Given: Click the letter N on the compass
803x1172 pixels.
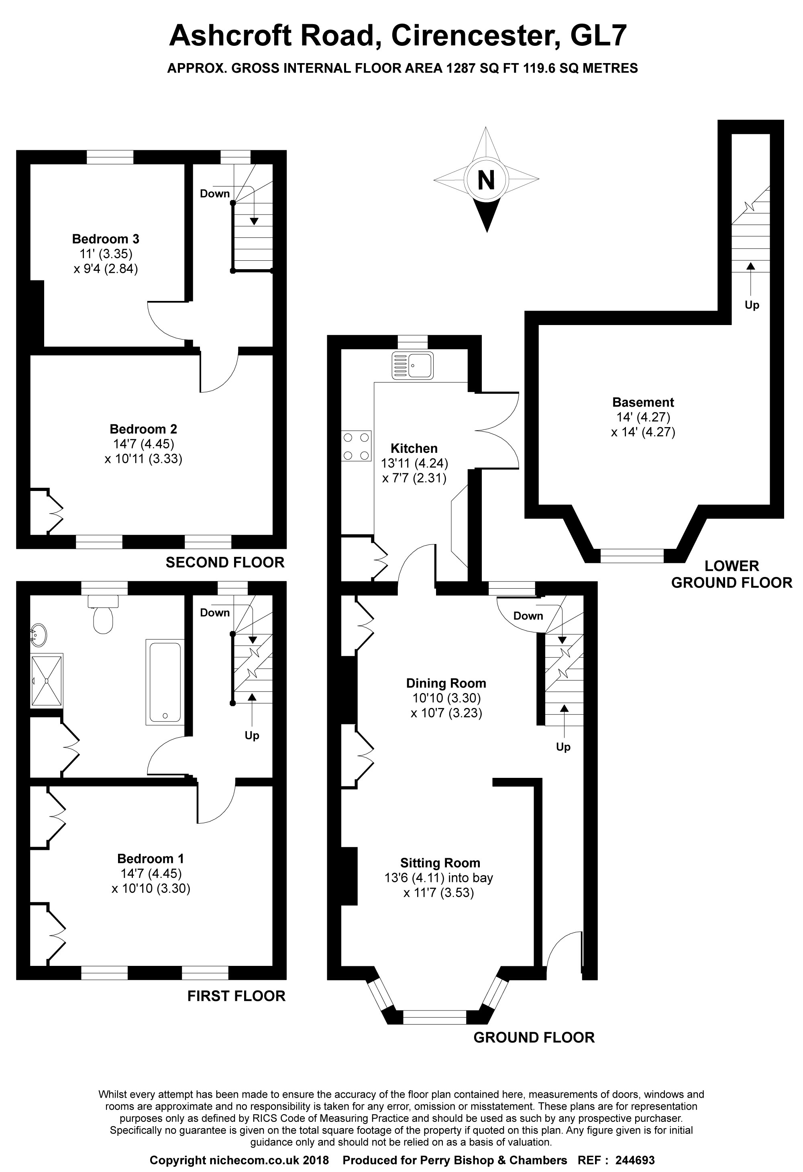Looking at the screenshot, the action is click(486, 180).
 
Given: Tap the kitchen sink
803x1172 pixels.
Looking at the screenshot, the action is click(412, 365).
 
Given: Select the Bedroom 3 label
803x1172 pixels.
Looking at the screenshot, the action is click(105, 239).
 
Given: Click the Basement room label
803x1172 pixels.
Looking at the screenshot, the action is click(643, 403).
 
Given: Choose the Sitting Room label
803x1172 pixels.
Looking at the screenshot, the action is click(440, 863).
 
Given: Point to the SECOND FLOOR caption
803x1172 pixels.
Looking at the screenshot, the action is click(225, 562).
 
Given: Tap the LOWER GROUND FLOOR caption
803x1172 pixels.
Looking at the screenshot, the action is click(732, 575).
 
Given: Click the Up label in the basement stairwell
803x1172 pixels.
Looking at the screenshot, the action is click(752, 305).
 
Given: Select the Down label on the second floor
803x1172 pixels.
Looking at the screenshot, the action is click(215, 194).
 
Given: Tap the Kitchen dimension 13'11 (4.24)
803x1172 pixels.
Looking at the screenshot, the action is click(414, 463).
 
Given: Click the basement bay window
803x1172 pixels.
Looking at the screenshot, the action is click(632, 556).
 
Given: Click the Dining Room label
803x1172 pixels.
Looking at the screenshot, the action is click(446, 683).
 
